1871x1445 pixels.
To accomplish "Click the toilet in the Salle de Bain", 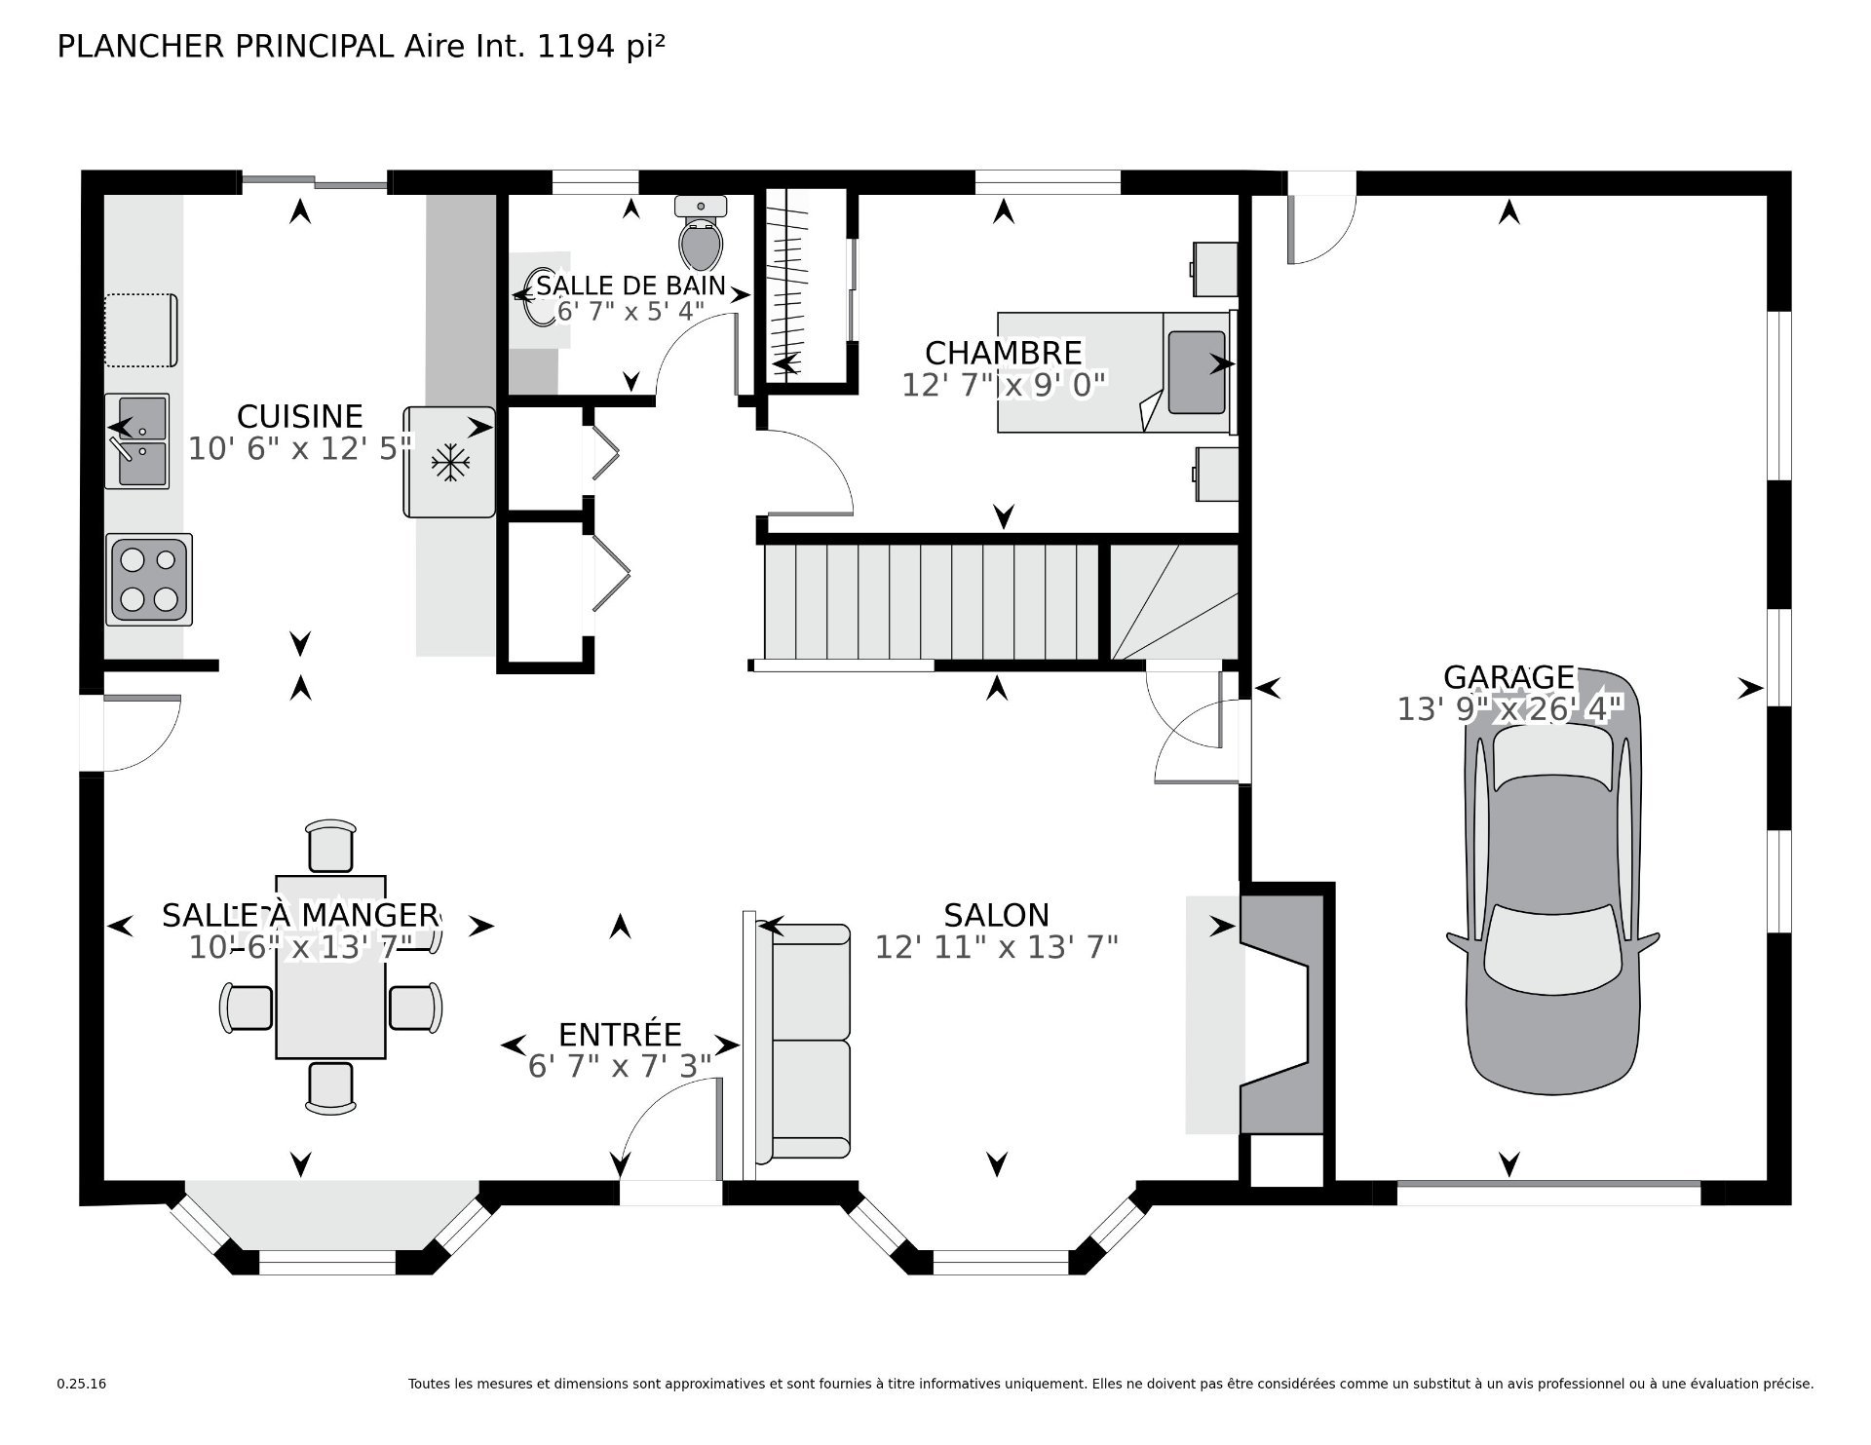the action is (x=701, y=233).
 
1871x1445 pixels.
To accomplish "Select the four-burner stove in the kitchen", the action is (x=149, y=580).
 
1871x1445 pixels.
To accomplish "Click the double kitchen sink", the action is (x=137, y=440).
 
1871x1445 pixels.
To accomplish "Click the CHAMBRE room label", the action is (x=1004, y=352).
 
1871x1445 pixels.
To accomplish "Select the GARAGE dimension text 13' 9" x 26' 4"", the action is (x=1509, y=709).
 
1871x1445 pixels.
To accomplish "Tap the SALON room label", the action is (x=996, y=915).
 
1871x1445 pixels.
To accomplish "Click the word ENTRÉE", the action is (x=620, y=1034).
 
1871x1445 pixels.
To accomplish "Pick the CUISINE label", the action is (x=300, y=416).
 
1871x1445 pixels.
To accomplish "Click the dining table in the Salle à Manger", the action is (x=330, y=967).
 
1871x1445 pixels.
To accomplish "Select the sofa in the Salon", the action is (x=809, y=1043).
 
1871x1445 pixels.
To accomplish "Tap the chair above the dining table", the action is (x=331, y=846).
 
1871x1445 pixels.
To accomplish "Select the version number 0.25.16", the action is (x=82, y=1411).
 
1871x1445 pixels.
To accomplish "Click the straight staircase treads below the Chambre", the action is (x=933, y=602).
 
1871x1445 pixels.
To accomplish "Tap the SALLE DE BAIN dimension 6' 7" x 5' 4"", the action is (x=630, y=312).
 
